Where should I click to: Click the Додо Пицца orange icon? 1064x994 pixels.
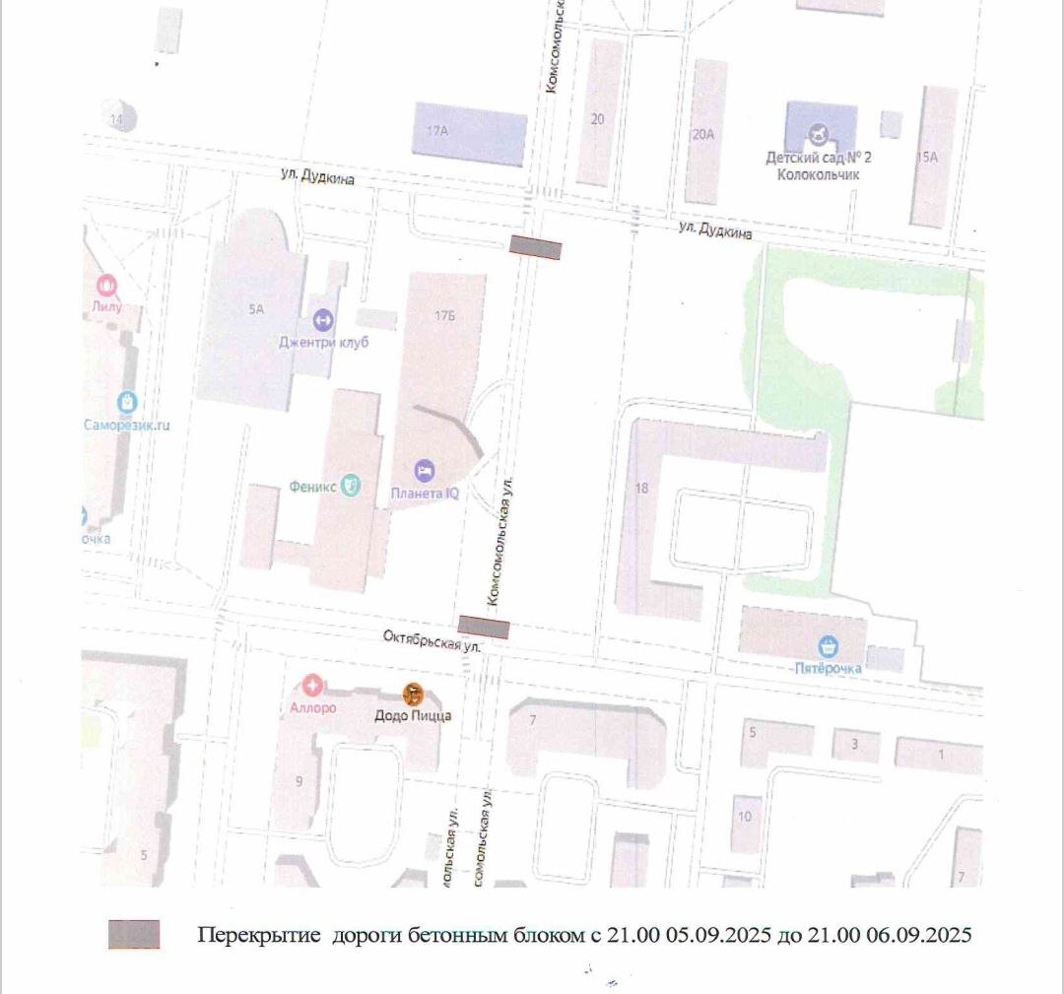pyautogui.click(x=413, y=693)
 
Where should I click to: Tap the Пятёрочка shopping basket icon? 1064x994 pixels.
pyautogui.click(x=830, y=647)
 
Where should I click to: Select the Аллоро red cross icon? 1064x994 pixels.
pyautogui.click(x=313, y=684)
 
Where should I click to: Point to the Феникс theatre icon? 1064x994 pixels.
pyautogui.click(x=351, y=486)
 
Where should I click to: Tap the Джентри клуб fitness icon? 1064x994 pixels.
pyautogui.click(x=322, y=320)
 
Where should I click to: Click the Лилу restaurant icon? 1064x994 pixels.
pyautogui.click(x=106, y=287)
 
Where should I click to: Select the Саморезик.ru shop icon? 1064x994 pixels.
pyautogui.click(x=126, y=402)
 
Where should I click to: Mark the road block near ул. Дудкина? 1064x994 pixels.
pyautogui.click(x=535, y=248)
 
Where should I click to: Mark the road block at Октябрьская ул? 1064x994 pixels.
pyautogui.click(x=484, y=627)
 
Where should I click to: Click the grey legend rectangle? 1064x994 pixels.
pyautogui.click(x=134, y=935)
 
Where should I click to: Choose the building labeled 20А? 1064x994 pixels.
pyautogui.click(x=703, y=135)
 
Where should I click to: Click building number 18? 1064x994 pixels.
pyautogui.click(x=642, y=488)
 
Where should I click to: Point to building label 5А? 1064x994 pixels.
pyautogui.click(x=257, y=309)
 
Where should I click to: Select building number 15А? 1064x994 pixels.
pyautogui.click(x=927, y=156)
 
